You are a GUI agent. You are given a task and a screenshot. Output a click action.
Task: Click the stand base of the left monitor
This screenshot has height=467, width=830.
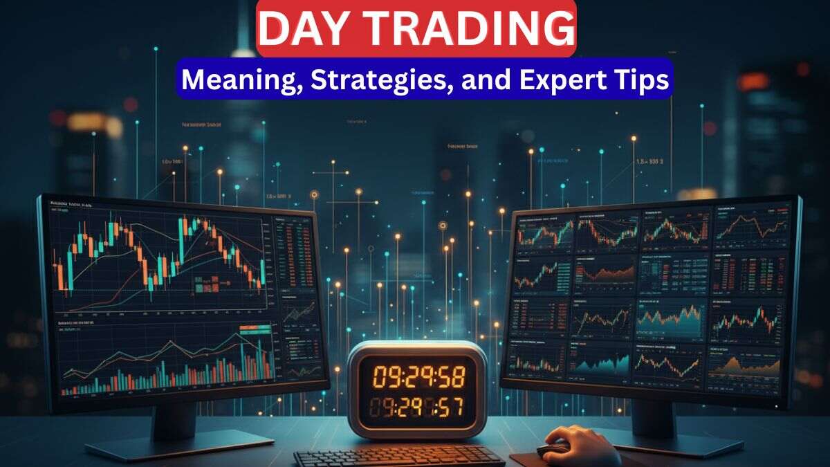point(180,443)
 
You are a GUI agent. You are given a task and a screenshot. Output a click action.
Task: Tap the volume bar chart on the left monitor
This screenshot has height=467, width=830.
point(166,367)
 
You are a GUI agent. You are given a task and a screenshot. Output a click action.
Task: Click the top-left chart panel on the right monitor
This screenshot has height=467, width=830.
point(546,232)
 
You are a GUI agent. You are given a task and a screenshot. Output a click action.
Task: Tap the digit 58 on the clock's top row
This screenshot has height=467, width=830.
point(450,377)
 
